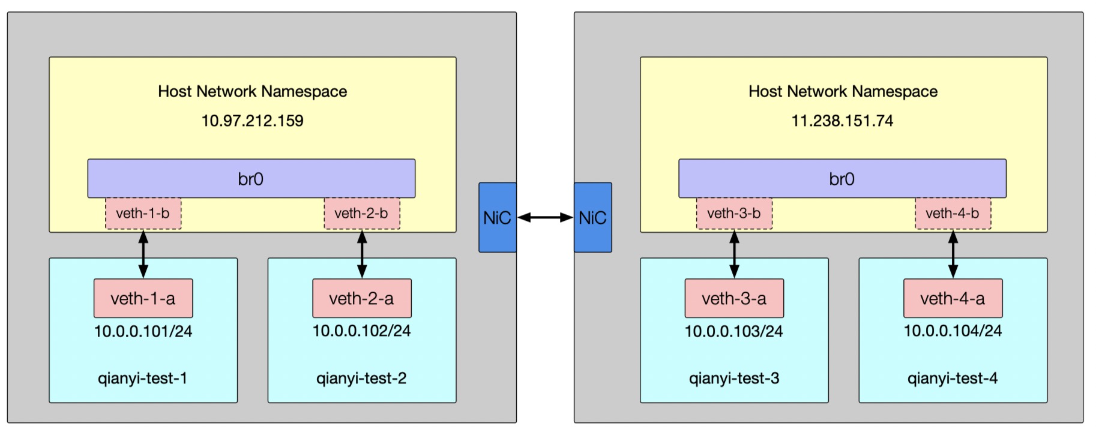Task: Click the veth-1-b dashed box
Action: [x=143, y=214]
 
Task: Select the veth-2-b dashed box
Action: [x=362, y=214]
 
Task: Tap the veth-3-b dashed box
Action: [x=734, y=214]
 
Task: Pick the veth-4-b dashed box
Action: [x=953, y=214]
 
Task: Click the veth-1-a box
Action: [x=143, y=298]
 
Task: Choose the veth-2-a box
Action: [x=362, y=298]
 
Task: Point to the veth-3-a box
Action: [x=734, y=298]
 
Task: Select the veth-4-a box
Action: [x=953, y=298]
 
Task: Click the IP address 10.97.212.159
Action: [x=253, y=121]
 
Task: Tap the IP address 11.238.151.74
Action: [x=843, y=121]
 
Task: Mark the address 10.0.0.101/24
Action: [x=143, y=331]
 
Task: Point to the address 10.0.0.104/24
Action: [x=953, y=331]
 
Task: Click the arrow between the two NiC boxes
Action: [x=545, y=218]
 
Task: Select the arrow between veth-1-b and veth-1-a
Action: [x=143, y=254]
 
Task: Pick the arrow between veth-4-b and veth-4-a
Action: [x=953, y=254]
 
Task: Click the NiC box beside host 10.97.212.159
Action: [x=498, y=217]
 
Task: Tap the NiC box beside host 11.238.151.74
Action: [x=593, y=217]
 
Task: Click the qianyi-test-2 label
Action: [x=362, y=379]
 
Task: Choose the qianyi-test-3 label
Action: [x=734, y=379]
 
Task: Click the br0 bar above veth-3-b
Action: [x=843, y=178]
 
